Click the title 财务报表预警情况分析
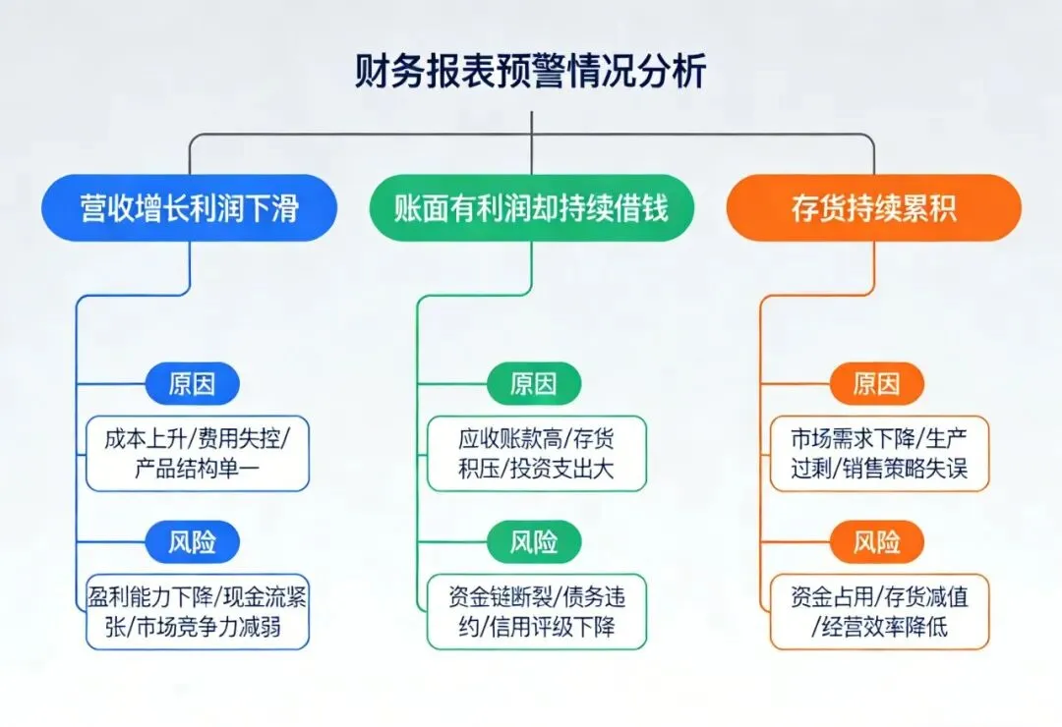click(531, 72)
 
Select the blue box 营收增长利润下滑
click(190, 207)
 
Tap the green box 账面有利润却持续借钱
click(531, 207)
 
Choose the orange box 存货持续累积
click(873, 207)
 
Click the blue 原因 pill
click(193, 383)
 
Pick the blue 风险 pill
click(193, 541)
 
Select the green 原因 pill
click(534, 383)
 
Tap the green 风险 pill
click(534, 541)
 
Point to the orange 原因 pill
click(876, 383)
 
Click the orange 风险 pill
click(876, 541)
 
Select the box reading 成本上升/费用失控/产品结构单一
click(196, 454)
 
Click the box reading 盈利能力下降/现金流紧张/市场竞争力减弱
click(196, 611)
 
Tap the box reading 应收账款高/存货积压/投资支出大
click(537, 454)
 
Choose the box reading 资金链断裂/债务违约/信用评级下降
click(537, 611)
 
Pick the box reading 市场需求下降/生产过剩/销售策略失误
click(879, 454)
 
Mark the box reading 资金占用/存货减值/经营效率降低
click(879, 611)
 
